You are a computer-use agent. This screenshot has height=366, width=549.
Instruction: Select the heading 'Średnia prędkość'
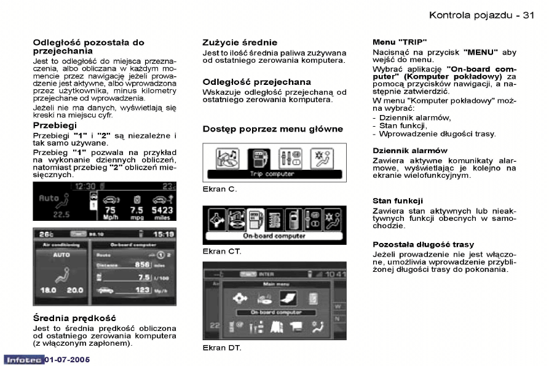[74, 318]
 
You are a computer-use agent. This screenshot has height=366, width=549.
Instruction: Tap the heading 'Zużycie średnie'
[240, 42]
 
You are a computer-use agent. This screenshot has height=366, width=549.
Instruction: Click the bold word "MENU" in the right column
[481, 53]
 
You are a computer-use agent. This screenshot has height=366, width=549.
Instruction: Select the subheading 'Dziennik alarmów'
[410, 151]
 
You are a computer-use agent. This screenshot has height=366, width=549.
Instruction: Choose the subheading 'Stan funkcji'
[397, 201]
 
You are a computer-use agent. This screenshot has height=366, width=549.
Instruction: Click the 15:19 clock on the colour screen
[163, 234]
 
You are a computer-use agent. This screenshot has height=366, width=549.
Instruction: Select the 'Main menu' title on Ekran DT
[271, 284]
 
